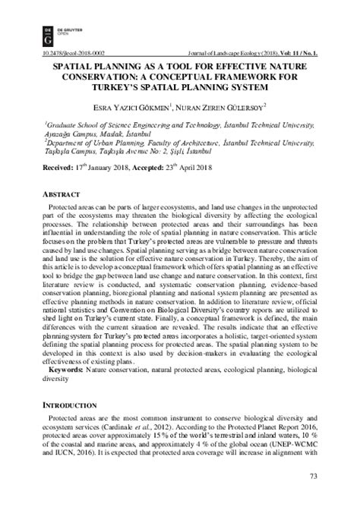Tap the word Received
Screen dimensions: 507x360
coord(58,166)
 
